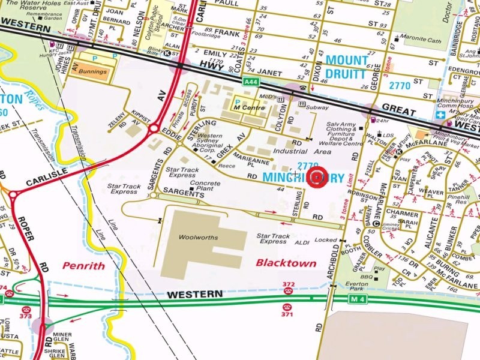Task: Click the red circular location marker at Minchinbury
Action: pos(318,178)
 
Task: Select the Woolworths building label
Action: pos(198,238)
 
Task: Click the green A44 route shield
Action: pos(251,81)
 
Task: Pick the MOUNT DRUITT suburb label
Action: pos(346,68)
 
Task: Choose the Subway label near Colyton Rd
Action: pos(317,109)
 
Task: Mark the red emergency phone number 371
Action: pos(289,313)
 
